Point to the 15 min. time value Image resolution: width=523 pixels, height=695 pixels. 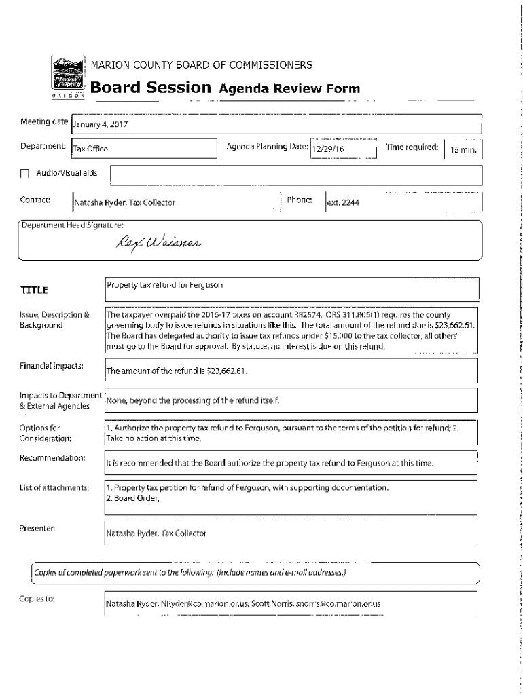462,150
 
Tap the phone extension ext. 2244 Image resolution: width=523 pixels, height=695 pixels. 343,202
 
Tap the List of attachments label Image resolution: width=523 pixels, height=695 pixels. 54,488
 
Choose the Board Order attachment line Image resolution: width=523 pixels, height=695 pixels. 133,499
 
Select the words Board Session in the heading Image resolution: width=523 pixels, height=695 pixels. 151,88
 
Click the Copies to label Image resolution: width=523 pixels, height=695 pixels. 37,599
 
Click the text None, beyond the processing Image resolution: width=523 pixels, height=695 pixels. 193,400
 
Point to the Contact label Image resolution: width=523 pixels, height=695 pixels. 36,200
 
